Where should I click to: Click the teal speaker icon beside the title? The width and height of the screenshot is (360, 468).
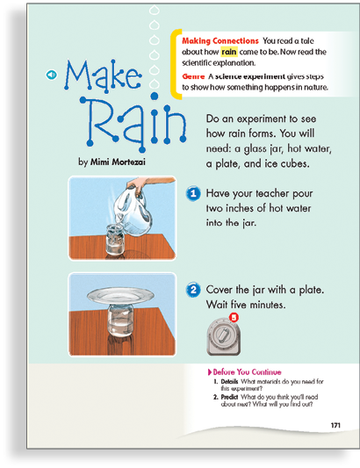tap(51, 75)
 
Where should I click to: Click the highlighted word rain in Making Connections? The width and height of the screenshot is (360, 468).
tap(229, 52)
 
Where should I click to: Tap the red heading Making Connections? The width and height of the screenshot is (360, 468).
tap(220, 41)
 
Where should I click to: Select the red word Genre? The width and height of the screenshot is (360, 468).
tap(193, 76)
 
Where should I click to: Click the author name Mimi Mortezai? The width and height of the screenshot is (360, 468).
tap(118, 162)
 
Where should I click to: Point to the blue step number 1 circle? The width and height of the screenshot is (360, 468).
tap(193, 194)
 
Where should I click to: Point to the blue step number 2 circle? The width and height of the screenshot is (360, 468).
tap(193, 290)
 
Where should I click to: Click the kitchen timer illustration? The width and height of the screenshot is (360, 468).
tap(223, 336)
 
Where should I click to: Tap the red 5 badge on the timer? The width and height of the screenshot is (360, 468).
tap(234, 317)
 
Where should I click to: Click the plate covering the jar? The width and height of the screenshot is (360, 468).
tap(120, 296)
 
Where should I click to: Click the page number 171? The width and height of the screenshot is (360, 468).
tap(335, 425)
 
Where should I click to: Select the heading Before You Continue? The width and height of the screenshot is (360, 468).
tap(247, 372)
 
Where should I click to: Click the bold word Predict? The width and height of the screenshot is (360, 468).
tap(229, 397)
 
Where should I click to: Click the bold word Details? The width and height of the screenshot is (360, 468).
tap(229, 381)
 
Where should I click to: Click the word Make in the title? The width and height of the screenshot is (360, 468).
tap(103, 75)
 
